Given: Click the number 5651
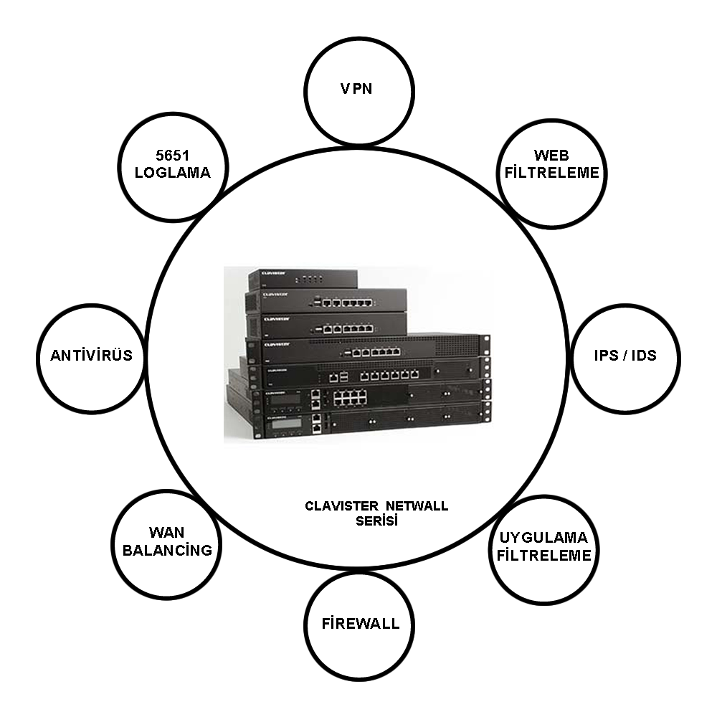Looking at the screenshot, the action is [172, 156].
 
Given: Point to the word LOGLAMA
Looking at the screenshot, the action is [172, 172].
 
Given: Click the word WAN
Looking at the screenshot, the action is [166, 533].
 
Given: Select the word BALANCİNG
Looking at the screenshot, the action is [167, 550].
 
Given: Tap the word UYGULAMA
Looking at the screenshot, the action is [543, 537].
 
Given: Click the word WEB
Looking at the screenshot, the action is [551, 156].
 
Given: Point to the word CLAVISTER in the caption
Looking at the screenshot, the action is [341, 506].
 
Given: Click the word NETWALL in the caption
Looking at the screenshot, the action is [417, 506].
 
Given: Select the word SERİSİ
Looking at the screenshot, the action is [377, 521].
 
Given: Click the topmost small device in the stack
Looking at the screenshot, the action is [303, 278].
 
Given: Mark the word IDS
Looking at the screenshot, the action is [644, 356].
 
